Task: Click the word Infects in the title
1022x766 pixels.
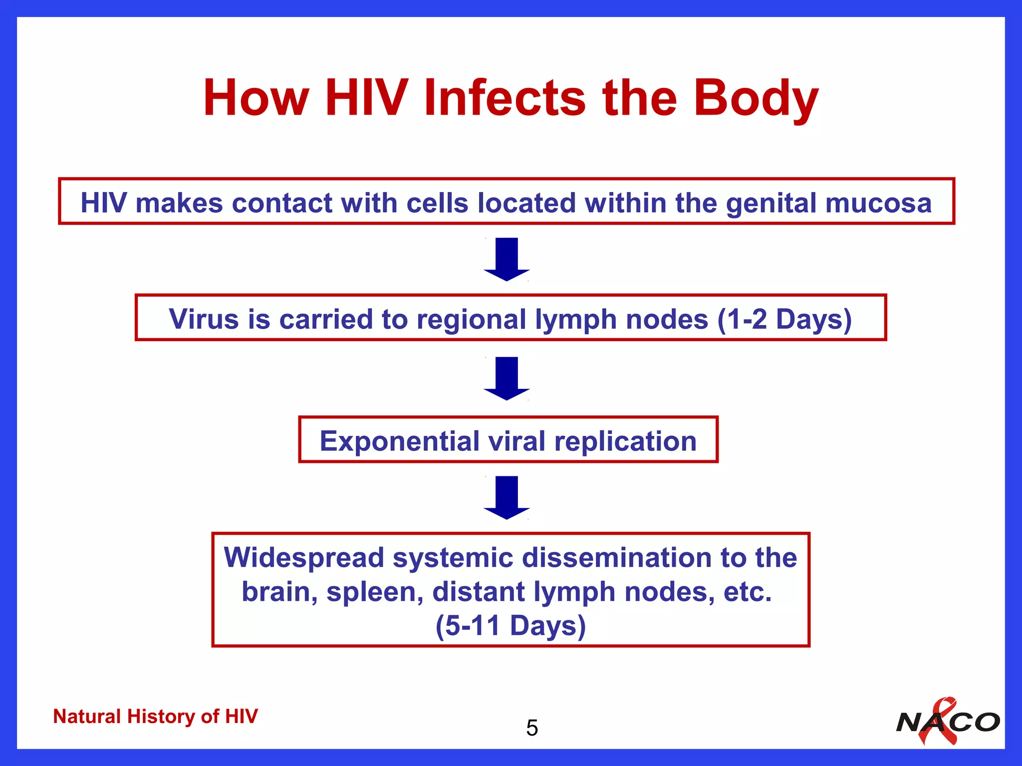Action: point(504,98)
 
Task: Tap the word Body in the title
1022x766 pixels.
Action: point(756,98)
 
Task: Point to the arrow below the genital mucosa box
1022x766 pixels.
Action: point(507,259)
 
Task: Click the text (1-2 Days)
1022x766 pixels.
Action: point(784,319)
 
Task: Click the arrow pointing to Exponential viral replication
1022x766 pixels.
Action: point(507,378)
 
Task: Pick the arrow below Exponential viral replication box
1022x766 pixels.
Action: point(507,497)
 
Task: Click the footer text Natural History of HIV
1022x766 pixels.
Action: point(155,716)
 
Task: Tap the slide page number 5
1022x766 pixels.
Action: point(532,728)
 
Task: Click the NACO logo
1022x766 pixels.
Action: point(948,722)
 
